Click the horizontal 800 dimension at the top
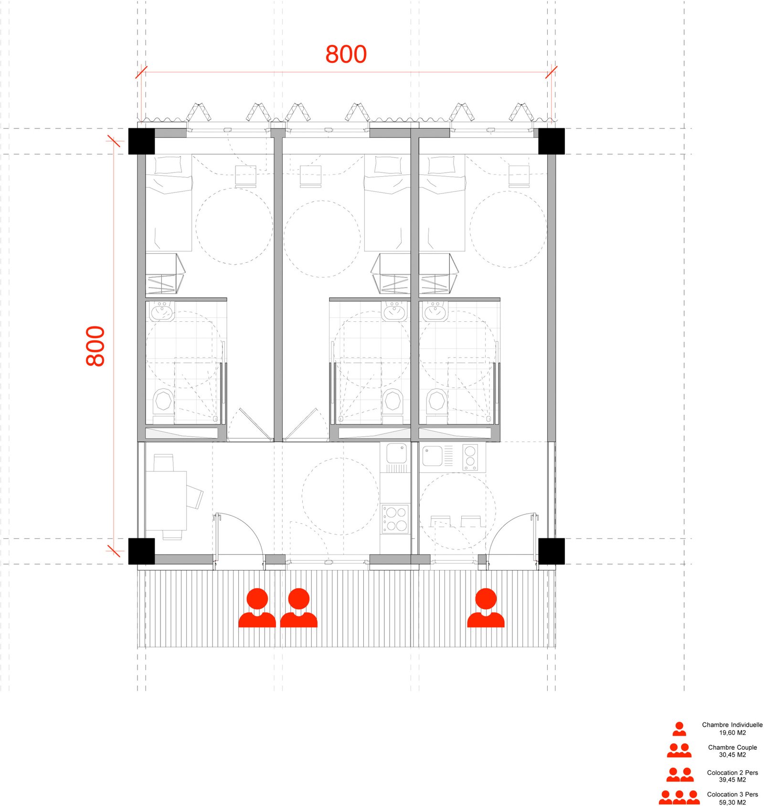[346, 54]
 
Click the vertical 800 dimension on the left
[95, 346]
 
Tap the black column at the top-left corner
[141, 141]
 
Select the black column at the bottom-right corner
[552, 551]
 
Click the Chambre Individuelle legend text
[732, 728]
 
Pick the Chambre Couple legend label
[732, 751]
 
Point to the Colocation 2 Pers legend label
[732, 776]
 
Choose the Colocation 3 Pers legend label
[732, 798]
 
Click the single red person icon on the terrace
[486, 607]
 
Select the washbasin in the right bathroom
[435, 311]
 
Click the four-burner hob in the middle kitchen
[395, 519]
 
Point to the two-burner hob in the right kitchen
[470, 457]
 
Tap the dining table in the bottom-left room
[166, 500]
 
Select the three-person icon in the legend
[679, 797]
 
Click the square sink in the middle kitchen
[396, 453]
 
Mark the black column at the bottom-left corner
[141, 551]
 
